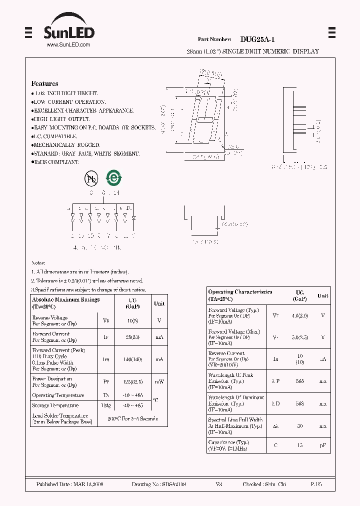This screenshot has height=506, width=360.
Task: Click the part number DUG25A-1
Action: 257,39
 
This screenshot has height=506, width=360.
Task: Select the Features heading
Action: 44,83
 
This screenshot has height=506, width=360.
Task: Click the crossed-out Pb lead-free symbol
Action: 91,178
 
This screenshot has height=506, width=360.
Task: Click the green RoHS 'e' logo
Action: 114,177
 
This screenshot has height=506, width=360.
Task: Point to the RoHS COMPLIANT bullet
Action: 56,162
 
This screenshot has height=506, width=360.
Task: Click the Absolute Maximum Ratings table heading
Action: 66,299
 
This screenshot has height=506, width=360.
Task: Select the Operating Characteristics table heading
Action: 240,292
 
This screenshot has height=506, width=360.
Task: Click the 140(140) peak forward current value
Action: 132,359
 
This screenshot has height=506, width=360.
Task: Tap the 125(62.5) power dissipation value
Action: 132,381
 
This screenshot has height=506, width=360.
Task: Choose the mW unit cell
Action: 159,381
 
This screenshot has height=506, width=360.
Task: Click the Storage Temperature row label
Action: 55,405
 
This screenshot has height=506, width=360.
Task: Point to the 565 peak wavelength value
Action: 299,381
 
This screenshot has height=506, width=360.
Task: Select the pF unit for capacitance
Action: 323,445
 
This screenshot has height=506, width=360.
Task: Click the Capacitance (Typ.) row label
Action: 228,442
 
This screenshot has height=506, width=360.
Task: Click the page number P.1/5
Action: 316,484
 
